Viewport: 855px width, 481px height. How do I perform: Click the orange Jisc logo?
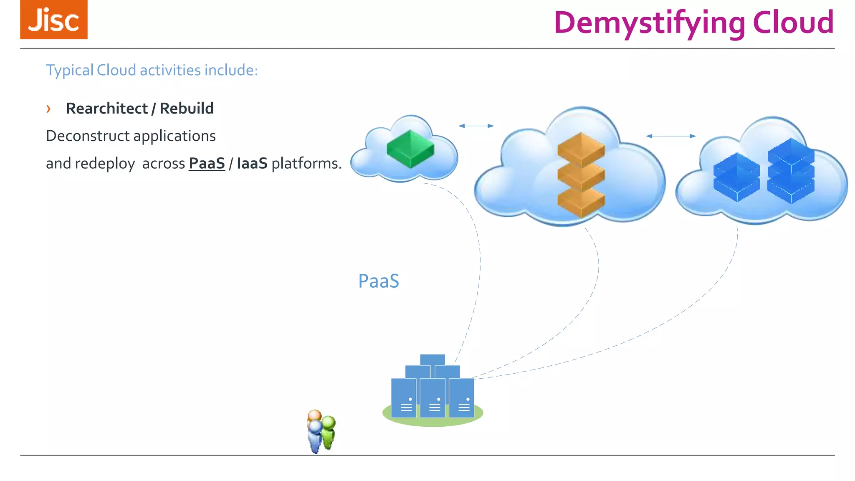pyautogui.click(x=54, y=20)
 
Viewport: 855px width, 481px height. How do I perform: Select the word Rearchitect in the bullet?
pyautogui.click(x=107, y=109)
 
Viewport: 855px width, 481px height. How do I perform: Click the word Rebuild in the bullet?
pyautogui.click(x=187, y=109)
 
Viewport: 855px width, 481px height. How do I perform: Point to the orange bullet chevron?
pyautogui.click(x=48, y=109)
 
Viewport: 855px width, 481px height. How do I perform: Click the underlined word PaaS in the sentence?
pyautogui.click(x=207, y=163)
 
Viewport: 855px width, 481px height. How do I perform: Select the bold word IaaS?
pyautogui.click(x=252, y=163)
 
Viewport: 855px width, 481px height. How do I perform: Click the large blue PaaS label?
pyautogui.click(x=379, y=281)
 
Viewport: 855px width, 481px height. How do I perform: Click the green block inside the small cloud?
pyautogui.click(x=410, y=149)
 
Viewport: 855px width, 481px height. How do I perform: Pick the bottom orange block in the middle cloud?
pyautogui.click(x=581, y=202)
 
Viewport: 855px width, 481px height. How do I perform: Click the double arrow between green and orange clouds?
pyautogui.click(x=476, y=126)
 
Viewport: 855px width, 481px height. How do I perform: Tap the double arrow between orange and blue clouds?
pyautogui.click(x=670, y=136)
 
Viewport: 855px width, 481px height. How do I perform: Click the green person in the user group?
pyautogui.click(x=329, y=432)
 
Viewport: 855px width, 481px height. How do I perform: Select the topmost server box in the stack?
pyautogui.click(x=433, y=359)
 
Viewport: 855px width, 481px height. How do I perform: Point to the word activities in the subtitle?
pyautogui.click(x=170, y=70)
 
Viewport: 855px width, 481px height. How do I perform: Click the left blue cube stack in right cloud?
pyautogui.click(x=736, y=177)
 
